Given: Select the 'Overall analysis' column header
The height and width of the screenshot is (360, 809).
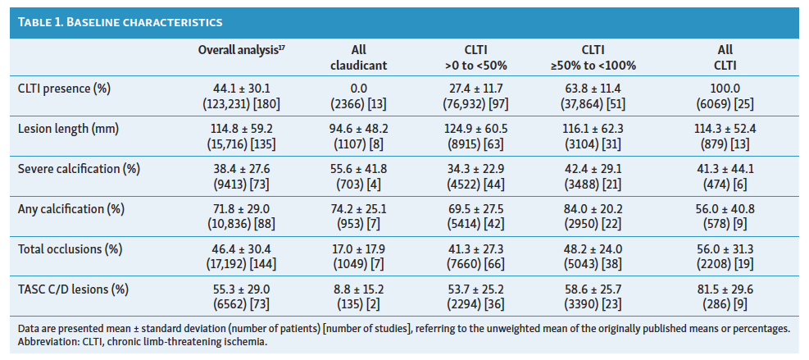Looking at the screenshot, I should click(241, 51).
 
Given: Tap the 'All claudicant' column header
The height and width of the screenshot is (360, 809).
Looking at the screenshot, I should click(357, 57).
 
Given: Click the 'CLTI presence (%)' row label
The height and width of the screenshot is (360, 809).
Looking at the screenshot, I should click(64, 88).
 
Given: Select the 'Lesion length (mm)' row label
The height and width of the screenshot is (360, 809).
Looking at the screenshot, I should click(67, 128).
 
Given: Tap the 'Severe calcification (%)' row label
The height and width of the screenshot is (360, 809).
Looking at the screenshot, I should click(78, 168).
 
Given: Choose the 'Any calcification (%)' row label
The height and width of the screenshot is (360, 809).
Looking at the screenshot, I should click(70, 208).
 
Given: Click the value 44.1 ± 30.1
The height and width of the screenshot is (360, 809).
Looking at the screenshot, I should click(241, 88).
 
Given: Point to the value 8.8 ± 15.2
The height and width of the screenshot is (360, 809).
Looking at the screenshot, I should click(357, 289).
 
